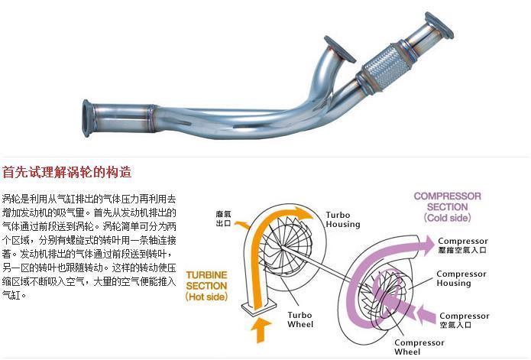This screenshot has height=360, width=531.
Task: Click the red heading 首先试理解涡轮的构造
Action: click(66, 172)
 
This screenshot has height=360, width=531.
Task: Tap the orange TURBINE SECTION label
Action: click(206, 281)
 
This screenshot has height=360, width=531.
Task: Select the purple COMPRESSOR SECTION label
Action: click(448, 202)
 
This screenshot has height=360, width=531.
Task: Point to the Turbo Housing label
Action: click(343, 219)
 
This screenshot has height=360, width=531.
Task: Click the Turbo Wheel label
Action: click(300, 319)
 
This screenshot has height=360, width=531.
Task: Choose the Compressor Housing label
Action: click(461, 278)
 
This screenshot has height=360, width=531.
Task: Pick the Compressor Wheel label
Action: click(419, 347)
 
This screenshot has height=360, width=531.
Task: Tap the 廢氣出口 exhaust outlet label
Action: click(224, 219)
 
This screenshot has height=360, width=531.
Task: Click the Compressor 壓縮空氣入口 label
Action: click(462, 245)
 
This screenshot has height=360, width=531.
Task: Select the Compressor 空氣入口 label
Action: click(465, 320)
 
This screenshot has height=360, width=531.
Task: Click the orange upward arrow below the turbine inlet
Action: click(260, 329)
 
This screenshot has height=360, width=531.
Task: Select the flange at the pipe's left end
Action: click(86, 118)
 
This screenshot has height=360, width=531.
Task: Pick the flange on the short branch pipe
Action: click(340, 50)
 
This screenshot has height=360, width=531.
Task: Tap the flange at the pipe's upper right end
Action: click(439, 25)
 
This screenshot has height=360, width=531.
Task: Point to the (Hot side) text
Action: click(206, 297)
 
